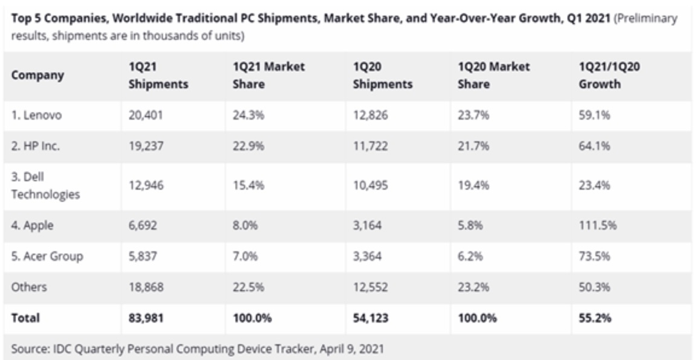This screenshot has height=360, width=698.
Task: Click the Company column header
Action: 37,76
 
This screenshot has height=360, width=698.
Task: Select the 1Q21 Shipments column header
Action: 158,76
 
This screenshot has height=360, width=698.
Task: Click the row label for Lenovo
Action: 36,115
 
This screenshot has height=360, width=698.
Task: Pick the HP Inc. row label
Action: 36,146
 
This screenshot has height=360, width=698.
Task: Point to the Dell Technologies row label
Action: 45,185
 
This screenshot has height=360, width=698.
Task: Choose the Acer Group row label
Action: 47,256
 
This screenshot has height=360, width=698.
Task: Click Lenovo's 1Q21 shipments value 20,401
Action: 146,115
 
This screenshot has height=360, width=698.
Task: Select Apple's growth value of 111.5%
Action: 598,225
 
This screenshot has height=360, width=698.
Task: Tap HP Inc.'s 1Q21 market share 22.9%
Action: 248,146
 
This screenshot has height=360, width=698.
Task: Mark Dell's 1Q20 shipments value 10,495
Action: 370,185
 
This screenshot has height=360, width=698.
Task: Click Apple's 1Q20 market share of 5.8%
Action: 470,225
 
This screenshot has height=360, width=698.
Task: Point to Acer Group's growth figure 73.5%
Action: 594,256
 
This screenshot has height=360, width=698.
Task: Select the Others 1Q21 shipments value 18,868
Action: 145,287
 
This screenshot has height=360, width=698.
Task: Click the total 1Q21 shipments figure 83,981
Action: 146,318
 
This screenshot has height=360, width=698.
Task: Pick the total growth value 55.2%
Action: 595,318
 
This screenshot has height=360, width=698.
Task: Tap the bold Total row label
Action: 25,318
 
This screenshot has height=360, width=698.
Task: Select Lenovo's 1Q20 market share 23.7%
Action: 473,115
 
